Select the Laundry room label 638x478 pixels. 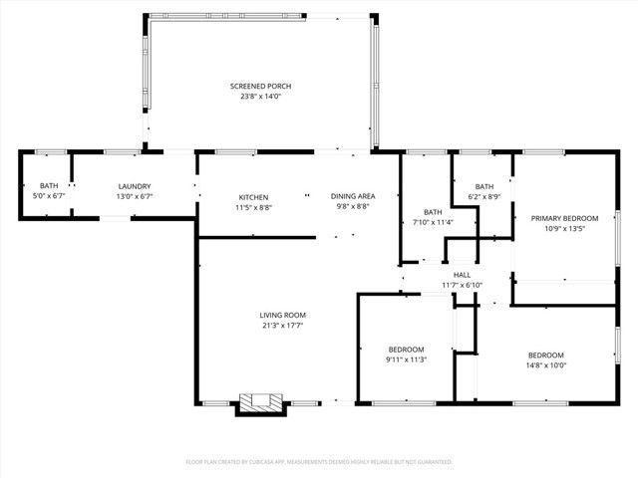135,186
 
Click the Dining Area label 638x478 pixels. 353,196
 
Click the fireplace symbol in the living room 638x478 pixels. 261,402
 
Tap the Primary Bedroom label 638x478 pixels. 564,218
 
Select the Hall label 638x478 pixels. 462,275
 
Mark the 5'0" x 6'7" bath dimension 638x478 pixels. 49,196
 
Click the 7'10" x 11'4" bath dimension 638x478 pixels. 433,222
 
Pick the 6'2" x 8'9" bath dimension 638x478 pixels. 483,197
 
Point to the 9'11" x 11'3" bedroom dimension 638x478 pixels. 407,360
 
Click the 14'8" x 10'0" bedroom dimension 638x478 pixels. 545,365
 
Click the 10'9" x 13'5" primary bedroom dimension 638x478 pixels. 564,228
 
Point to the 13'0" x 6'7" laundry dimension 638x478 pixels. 135,196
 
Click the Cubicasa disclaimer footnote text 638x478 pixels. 319,462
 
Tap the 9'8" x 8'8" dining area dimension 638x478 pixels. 353,207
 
